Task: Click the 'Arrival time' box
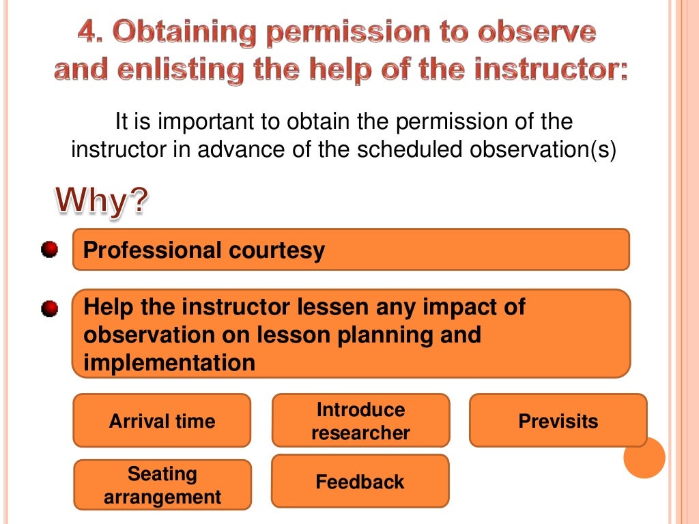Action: pyautogui.click(x=162, y=421)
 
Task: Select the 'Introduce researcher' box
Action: pyautogui.click(x=360, y=421)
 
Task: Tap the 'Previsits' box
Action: pyautogui.click(x=558, y=421)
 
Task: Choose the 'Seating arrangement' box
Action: pyautogui.click(x=162, y=485)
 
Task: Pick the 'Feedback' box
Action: pyautogui.click(x=360, y=482)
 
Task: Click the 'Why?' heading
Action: pyautogui.click(x=102, y=201)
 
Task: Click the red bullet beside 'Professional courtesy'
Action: pyautogui.click(x=49, y=250)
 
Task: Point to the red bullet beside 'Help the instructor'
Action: pyautogui.click(x=49, y=308)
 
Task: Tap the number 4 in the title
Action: pyautogui.click(x=86, y=33)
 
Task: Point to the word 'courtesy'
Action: pyautogui.click(x=276, y=250)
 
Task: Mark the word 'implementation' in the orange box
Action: pyautogui.click(x=169, y=363)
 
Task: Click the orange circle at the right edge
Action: pyautogui.click(x=644, y=457)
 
